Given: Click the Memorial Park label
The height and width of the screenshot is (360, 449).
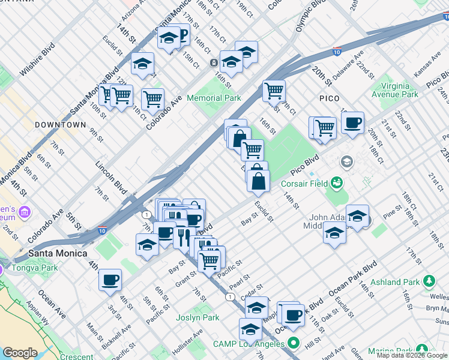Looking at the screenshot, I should [x=214, y=98].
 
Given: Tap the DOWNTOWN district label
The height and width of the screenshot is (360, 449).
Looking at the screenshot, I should [x=60, y=125].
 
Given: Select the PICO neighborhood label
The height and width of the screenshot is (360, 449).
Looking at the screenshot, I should [x=329, y=98].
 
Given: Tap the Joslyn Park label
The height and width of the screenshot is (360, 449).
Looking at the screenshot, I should [x=197, y=317].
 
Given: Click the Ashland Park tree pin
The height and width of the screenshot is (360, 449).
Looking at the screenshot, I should [x=429, y=280].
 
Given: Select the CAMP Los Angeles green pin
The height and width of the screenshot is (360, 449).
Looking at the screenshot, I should [x=294, y=344].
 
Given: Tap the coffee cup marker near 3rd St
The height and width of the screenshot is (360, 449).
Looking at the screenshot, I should [x=110, y=280].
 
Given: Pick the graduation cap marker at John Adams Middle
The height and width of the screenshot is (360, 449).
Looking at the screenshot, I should [x=357, y=215].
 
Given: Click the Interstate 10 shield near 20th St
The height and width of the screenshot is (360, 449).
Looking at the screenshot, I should [x=338, y=52].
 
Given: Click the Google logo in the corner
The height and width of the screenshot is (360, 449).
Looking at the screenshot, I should [x=20, y=353].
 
